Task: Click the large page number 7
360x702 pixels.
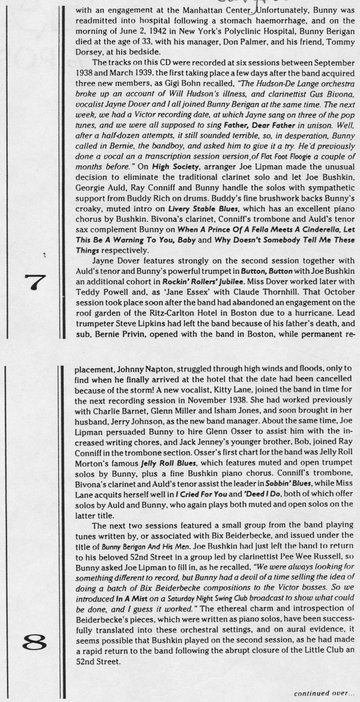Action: [38, 281]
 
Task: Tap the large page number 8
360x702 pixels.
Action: [38, 645]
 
